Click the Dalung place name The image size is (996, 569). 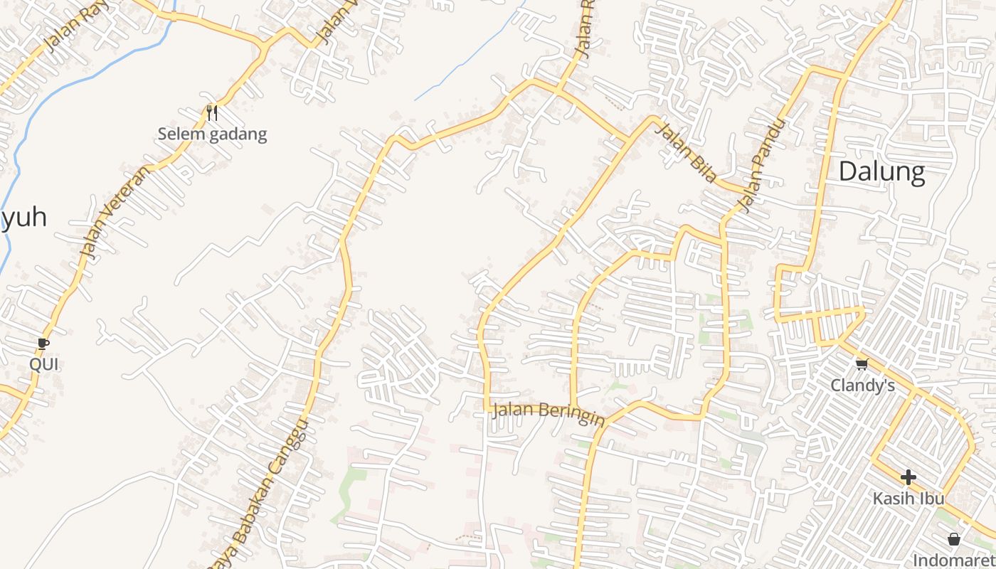881,172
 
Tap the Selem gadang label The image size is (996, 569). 212,134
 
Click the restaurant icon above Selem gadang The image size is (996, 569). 211,112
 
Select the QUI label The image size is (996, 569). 44,365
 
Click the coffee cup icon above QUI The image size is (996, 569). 43,344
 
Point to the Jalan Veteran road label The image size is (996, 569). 115,213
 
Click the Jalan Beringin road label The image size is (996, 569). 548,413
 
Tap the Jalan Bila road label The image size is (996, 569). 684,153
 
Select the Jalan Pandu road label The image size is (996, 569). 762,166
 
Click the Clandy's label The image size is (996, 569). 862,385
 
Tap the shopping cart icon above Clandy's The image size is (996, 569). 862,364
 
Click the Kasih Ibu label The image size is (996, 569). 908,498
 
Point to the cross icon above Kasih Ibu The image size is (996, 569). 908,477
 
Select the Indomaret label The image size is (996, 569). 953,559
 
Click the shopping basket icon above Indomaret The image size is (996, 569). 954,539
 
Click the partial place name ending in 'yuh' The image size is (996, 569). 24,218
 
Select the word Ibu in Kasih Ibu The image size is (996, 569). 931,498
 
